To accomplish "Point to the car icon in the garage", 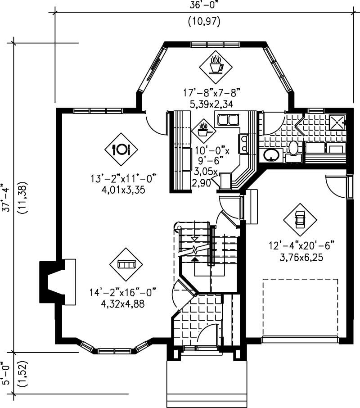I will tap(299, 220).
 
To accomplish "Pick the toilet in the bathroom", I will tap(293, 150).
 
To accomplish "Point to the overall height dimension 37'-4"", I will tap(5, 197).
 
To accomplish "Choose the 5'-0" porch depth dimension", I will tap(5, 374).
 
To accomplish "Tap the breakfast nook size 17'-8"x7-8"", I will tap(212, 93).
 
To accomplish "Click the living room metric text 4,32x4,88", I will tap(123, 303).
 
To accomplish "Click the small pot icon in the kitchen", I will tap(203, 130).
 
